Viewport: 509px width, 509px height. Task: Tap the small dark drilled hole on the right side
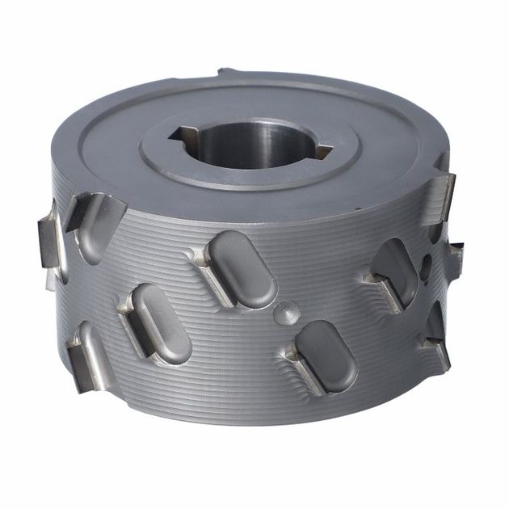(x=425, y=267)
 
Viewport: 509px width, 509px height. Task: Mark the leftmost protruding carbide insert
(x=47, y=239)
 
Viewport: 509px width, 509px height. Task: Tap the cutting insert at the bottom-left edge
(x=80, y=363)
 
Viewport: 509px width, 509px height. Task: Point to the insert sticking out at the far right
(x=455, y=259)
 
